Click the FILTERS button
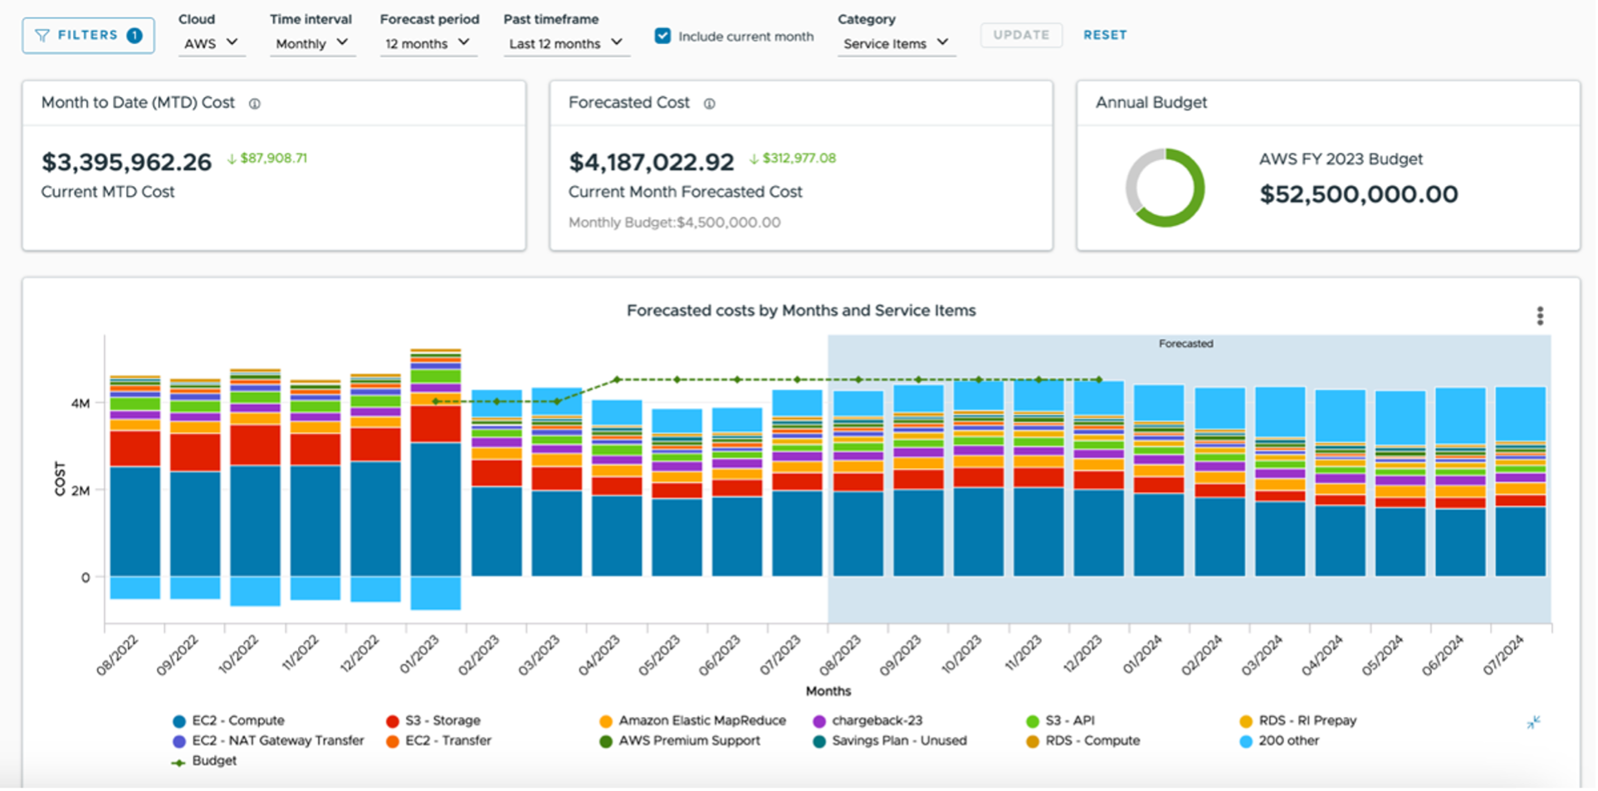point(88,36)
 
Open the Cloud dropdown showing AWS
point(211,43)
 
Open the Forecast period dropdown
point(428,43)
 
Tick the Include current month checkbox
point(662,36)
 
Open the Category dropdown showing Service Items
point(896,43)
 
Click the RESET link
point(1105,35)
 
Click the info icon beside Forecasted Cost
point(710,104)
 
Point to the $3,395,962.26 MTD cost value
point(127,162)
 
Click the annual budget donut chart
point(1165,188)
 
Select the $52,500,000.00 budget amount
point(1358,194)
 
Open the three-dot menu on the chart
point(1540,315)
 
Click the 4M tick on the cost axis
point(81,403)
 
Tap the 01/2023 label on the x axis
point(420,655)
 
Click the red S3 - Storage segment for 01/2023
point(436,424)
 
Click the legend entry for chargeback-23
point(877,720)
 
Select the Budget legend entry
point(213,761)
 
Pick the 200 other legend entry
point(1288,740)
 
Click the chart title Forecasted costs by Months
point(800,310)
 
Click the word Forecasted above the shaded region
point(1185,344)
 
